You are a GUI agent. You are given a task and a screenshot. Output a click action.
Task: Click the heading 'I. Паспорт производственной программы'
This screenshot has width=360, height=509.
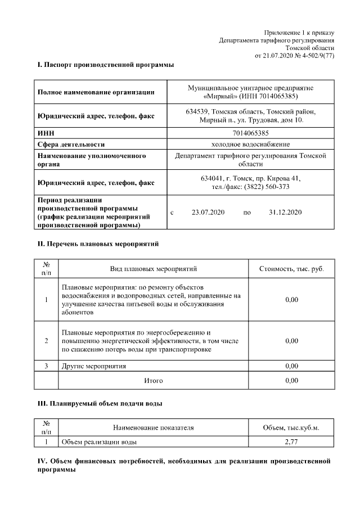pyautogui.click(x=105, y=66)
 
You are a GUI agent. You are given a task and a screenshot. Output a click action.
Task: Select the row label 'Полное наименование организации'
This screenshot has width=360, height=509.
pyautogui.click(x=95, y=93)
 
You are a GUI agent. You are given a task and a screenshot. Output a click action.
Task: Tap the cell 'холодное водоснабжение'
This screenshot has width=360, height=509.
pyautogui.click(x=250, y=144)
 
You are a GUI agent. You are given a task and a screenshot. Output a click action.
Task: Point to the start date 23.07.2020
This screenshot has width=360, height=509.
pyautogui.click(x=208, y=213)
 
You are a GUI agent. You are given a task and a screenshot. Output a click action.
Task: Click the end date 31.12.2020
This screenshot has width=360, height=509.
pyautogui.click(x=286, y=213)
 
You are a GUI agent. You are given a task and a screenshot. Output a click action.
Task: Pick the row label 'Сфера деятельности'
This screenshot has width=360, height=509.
pyautogui.click(x=71, y=144)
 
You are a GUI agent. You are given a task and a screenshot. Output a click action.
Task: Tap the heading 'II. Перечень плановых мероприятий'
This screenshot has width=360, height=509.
pyautogui.click(x=98, y=245)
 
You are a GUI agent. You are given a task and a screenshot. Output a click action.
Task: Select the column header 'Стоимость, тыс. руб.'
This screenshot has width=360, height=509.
pyautogui.click(x=291, y=269)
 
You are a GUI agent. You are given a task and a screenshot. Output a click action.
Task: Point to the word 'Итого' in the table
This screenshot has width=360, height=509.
pyautogui.click(x=154, y=381)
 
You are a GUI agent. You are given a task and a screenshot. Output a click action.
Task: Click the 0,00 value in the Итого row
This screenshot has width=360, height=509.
pyautogui.click(x=291, y=381)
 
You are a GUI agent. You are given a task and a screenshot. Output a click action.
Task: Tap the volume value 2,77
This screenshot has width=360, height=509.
pyautogui.click(x=291, y=442)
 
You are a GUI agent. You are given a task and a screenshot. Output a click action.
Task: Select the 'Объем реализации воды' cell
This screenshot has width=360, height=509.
pyautogui.click(x=99, y=442)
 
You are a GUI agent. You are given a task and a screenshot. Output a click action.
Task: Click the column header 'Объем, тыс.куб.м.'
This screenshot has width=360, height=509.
pyautogui.click(x=291, y=428)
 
